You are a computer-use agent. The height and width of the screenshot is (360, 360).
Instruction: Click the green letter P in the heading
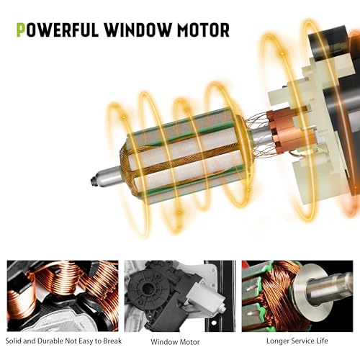point(21,30)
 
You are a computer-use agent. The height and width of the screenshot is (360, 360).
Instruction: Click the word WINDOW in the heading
point(138,30)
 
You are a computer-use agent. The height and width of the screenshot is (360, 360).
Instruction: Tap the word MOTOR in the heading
point(203,30)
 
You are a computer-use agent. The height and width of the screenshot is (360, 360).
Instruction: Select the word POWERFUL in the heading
point(58,30)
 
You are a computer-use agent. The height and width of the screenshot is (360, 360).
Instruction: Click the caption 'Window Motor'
point(175,342)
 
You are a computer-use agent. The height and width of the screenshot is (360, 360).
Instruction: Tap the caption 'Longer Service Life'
point(297,341)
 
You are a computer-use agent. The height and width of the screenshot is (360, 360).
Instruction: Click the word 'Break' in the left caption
point(112,341)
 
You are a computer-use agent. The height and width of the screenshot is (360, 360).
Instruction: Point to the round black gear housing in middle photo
point(148,289)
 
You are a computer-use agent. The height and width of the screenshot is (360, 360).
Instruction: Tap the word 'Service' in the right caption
point(302,341)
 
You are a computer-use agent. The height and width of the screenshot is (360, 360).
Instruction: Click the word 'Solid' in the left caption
point(14,341)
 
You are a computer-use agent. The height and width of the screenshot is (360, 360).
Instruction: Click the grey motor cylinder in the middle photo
point(206,296)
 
